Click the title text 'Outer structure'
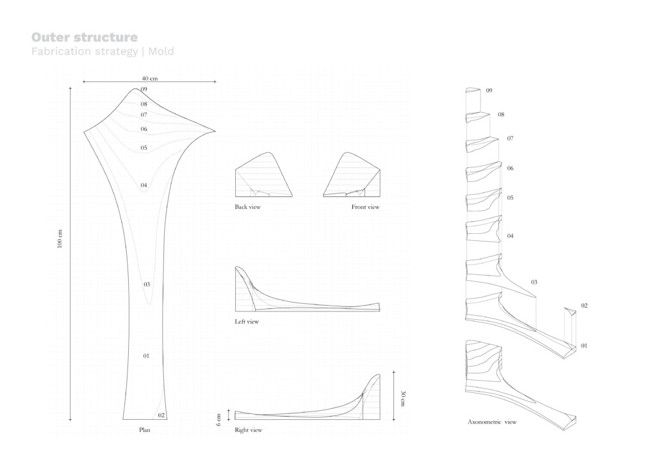(x=84, y=38)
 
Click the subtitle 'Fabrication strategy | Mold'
(x=102, y=51)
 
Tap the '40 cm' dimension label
(x=150, y=78)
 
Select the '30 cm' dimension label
(x=402, y=399)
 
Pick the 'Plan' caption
(x=145, y=429)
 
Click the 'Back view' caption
(x=247, y=207)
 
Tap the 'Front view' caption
(x=365, y=207)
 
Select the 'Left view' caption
(x=247, y=322)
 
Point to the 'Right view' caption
(x=249, y=430)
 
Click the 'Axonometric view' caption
(x=492, y=422)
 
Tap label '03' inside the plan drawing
(x=147, y=285)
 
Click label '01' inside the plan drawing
(x=146, y=356)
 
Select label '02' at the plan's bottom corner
(x=161, y=415)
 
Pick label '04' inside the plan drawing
(x=144, y=185)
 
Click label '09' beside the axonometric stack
(x=489, y=90)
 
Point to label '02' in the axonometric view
(x=584, y=306)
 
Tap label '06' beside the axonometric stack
(x=511, y=168)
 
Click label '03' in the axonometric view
(x=534, y=282)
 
